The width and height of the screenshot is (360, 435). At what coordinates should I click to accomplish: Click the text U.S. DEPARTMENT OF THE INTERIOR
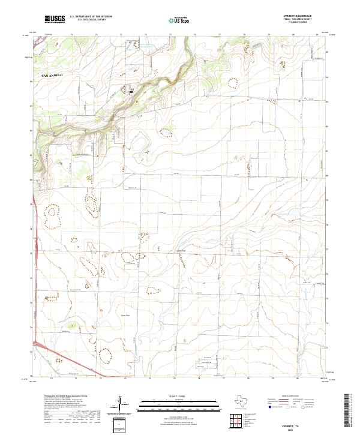[91, 17]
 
